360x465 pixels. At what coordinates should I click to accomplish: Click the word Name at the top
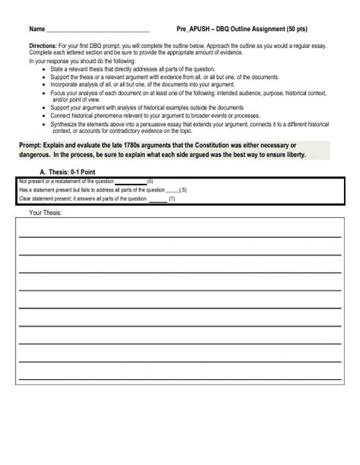(36, 29)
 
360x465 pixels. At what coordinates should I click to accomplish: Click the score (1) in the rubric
(172, 199)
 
